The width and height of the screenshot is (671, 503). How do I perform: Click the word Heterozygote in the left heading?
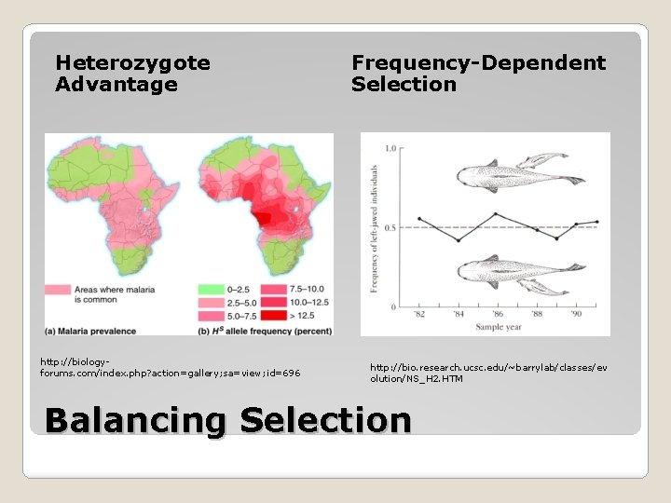click(132, 63)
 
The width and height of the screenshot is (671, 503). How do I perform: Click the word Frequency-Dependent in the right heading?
click(478, 63)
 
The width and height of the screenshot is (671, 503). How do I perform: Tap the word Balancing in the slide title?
click(134, 420)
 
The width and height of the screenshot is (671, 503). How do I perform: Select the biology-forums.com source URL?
click(170, 367)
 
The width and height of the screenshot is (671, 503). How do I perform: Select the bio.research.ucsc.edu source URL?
click(488, 373)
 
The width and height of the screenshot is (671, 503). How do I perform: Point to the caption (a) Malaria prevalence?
click(90, 331)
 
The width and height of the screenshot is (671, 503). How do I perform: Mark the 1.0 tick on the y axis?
click(390, 148)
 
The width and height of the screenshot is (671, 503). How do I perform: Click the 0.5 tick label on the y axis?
click(390, 227)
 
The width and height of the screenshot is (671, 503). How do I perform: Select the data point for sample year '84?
click(459, 240)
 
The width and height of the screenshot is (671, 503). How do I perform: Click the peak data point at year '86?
click(496, 214)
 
